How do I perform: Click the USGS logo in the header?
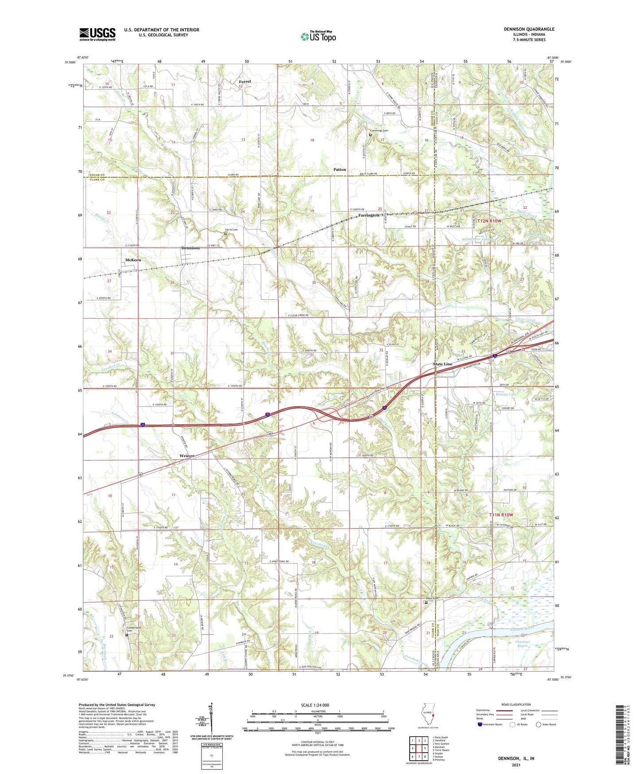click(97, 34)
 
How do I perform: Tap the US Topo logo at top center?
click(318, 36)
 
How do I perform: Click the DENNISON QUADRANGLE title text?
click(529, 29)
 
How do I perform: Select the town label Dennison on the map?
click(190, 248)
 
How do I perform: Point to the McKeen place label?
click(133, 260)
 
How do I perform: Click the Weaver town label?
click(187, 456)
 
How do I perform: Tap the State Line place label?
click(442, 364)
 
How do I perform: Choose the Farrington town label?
click(369, 215)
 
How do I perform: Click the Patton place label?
click(340, 170)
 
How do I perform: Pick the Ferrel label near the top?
click(245, 82)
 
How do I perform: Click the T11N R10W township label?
click(501, 515)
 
